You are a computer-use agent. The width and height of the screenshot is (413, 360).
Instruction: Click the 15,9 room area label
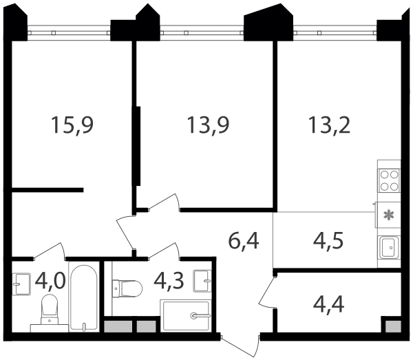72,126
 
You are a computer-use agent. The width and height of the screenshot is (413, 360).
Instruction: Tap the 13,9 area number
208,126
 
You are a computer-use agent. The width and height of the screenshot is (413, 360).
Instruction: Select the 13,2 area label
329,126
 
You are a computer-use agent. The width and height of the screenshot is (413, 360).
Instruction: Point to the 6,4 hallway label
244,241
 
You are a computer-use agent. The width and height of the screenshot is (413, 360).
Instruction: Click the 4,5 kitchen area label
328,241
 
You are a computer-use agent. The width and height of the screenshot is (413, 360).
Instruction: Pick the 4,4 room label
328,304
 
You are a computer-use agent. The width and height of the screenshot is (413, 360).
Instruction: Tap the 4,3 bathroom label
169,281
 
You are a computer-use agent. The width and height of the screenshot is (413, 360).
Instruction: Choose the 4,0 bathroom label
50,281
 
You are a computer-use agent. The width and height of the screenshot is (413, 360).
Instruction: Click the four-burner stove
390,180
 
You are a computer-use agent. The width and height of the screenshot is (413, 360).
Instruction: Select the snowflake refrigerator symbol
389,215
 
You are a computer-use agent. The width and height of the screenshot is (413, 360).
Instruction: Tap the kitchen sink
390,248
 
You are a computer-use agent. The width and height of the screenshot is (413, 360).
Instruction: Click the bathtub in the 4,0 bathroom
84,298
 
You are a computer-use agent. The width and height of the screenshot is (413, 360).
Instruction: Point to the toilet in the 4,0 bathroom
50,309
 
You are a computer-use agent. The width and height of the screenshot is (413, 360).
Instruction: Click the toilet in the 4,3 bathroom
127,288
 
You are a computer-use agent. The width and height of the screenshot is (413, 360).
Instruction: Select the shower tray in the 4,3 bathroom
187,315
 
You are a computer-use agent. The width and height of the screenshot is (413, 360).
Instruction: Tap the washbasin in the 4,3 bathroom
202,281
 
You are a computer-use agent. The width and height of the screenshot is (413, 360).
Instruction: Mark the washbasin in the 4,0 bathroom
21,284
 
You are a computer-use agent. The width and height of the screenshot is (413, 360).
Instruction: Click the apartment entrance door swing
240,346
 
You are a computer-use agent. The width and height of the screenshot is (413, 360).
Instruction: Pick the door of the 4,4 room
268,292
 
